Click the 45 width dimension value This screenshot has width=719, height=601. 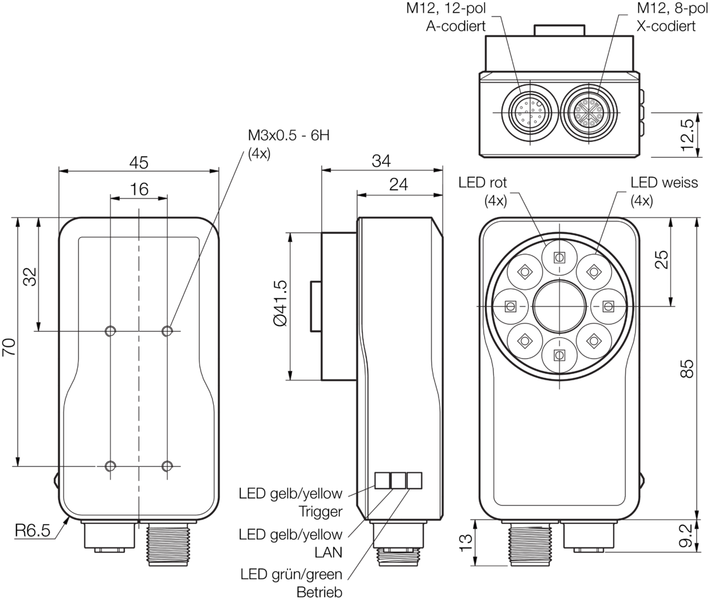click(139, 163)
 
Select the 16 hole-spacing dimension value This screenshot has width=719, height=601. click(139, 190)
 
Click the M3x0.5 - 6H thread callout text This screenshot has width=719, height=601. click(288, 137)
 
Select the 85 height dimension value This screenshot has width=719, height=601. click(689, 368)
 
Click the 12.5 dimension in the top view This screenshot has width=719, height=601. click(689, 135)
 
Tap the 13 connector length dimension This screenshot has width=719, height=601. click(466, 542)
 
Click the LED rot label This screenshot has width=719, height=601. click(482, 183)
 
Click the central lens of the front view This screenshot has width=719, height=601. click(558, 306)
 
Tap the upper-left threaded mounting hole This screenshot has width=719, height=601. click(111, 330)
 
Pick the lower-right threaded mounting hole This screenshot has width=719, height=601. click(167, 466)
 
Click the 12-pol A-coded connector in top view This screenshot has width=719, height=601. click(528, 113)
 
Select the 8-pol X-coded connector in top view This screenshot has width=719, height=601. click(587, 113)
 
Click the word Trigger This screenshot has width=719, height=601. click(322, 511)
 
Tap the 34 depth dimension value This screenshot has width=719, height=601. click(381, 162)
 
